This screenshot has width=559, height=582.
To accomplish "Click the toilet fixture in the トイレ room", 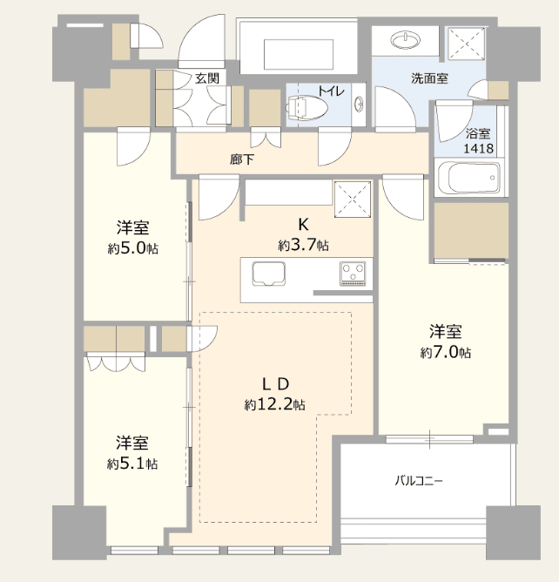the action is coord(306,108).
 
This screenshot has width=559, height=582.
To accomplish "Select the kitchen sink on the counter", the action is coord(268,274).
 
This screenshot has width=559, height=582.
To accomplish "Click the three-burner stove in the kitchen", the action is coord(353,274).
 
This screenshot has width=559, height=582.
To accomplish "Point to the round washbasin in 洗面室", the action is coord(406,40).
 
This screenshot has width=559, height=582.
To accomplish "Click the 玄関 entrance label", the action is coord(207,78).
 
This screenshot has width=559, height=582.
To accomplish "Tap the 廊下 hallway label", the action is coord(242,159).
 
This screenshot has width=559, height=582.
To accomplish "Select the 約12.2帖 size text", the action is coord(274,404).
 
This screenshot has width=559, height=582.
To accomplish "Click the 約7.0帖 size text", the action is coord(446,352).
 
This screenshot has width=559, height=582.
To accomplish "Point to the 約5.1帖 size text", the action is coord(132,464).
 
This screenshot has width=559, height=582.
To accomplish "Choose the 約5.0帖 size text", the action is coord(133,248).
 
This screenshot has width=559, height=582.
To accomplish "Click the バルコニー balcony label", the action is coord(419,481).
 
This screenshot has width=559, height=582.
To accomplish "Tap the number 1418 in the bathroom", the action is coord(479,148).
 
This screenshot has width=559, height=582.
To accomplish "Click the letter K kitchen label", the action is coord(303,225).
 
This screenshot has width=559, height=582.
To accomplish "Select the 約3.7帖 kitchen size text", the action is coord(303,245).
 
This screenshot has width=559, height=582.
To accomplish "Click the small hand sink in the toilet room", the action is coord(359,104).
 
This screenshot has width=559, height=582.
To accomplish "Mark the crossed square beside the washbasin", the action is coord(466,44).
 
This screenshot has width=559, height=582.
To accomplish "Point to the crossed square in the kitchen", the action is coord(353,200).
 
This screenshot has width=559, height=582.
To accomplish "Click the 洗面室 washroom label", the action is coord(429,78).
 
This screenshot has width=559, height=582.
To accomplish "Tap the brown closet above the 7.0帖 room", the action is coord(471,230).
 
